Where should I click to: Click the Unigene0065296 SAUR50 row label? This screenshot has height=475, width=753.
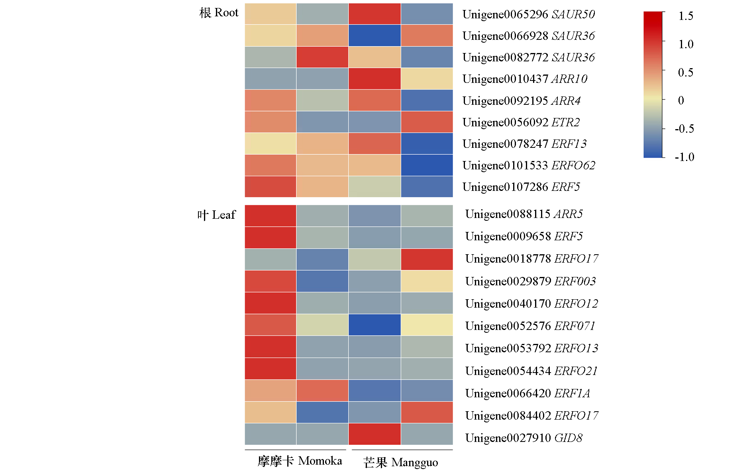point(528,14)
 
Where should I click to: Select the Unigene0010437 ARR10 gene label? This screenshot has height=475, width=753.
point(525,79)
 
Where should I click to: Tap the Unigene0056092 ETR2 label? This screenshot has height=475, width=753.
point(521,122)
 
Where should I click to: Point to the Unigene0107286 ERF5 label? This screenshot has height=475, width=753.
point(521,187)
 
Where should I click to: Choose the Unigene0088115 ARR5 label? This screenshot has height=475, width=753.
point(524,214)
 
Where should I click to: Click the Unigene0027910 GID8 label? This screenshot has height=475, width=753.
point(524,438)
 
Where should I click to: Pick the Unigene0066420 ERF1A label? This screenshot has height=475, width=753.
point(527,393)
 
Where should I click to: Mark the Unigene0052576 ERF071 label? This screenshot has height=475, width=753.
point(530,326)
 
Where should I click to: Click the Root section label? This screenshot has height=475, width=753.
point(219,13)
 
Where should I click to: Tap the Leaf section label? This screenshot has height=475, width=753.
point(217,215)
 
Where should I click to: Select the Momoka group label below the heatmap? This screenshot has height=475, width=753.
point(300,461)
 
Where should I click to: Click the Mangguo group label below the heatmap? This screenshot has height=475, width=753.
point(400,462)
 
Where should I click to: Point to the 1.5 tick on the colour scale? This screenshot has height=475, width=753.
point(686,16)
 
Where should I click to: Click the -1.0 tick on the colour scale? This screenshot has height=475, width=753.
point(684,157)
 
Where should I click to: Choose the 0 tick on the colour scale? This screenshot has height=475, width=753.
point(681,100)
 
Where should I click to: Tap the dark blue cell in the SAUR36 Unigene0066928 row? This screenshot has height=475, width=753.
point(375,35)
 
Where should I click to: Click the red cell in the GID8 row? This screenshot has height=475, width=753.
point(375,434)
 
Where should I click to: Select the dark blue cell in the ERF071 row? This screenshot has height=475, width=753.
point(375,325)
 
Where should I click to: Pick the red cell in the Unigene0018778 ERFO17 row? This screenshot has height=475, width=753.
point(427,259)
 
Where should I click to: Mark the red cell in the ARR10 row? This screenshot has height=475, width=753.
point(375,79)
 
